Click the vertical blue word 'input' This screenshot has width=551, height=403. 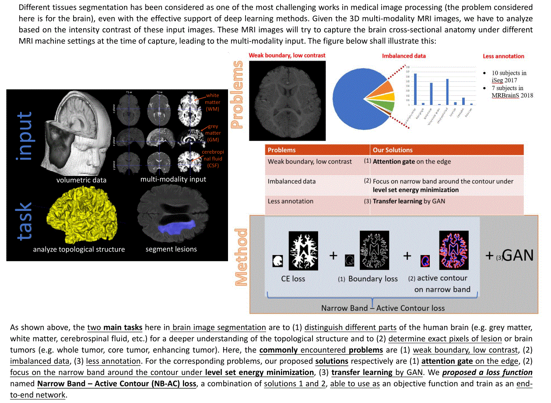point(25,136)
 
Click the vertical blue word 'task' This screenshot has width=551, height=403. point(25,221)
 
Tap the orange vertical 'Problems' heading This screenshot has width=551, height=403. point(237,95)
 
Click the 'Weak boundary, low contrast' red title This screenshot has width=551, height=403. point(287,56)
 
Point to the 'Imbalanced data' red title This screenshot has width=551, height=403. point(404,56)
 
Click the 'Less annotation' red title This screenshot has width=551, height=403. point(503,56)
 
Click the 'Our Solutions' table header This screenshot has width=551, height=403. point(393,150)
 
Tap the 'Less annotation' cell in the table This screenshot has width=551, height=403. point(291,201)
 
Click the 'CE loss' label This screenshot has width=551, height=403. point(293,278)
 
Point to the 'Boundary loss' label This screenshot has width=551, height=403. point(373,279)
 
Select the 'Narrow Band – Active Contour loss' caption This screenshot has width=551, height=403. point(383,308)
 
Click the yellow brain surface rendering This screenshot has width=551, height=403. point(83,215)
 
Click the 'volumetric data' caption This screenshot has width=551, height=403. point(81,180)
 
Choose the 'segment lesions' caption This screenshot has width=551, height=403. point(171,249)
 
